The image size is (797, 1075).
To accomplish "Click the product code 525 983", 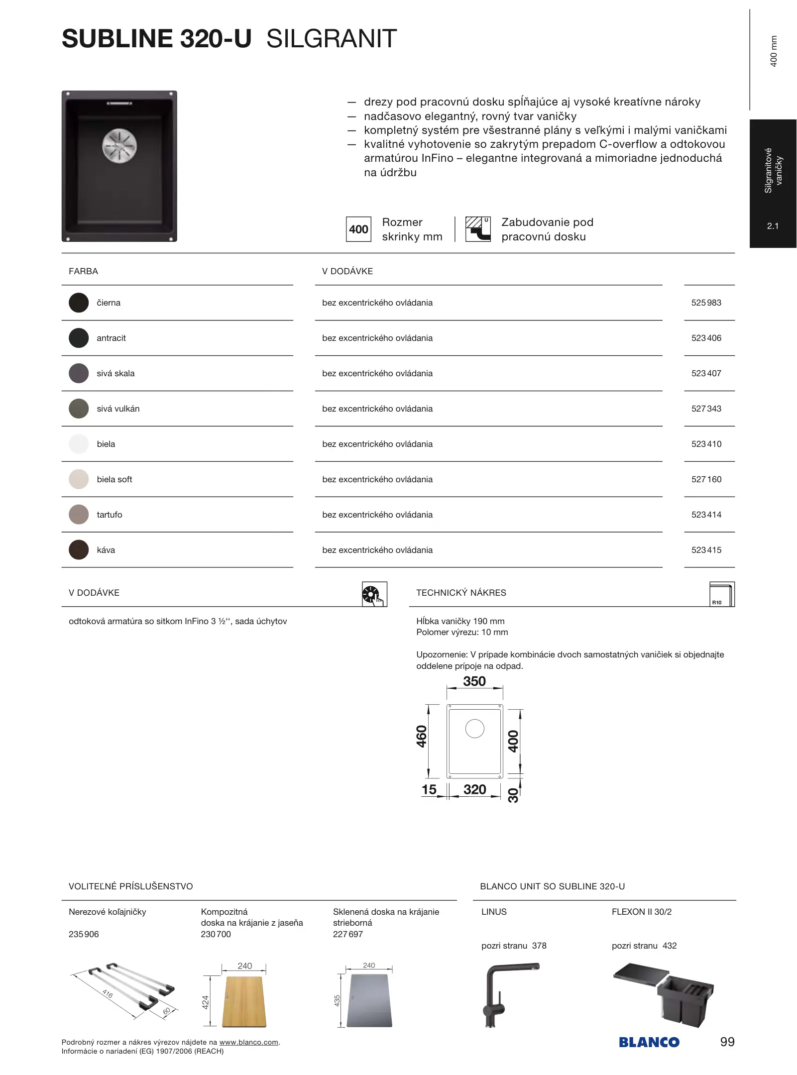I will coord(706,303).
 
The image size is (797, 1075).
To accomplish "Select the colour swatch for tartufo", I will coord(79,515).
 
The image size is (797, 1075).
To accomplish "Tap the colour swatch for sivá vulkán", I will coord(79,409).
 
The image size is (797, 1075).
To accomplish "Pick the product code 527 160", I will coord(706,479).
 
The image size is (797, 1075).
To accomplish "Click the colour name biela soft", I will coord(114,479).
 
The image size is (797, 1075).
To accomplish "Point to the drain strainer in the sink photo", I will coord(119,146).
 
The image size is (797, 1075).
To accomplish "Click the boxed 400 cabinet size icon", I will coord(358,229).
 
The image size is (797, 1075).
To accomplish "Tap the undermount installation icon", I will coord(478,229).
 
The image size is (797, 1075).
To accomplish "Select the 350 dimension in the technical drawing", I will coord(474,681).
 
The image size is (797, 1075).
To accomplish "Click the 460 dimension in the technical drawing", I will coord(422,737).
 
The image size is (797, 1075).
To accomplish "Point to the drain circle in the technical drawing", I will coord(475,729).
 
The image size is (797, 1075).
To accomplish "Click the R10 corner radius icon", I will coord(722,594).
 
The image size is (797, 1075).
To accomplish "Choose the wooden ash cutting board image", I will coord(244,1002).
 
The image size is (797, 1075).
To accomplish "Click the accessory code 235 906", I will coord(84,934).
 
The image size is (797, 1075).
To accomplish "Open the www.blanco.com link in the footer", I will coord(248,1043).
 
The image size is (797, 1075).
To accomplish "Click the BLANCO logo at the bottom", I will coord(649,1043).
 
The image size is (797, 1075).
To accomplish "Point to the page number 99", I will coord(727,1042).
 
